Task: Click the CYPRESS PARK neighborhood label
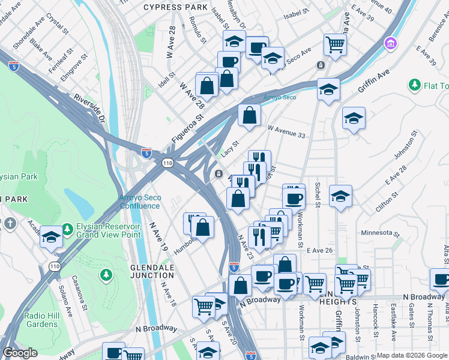pos(171,7)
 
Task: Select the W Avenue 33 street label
pos(287,132)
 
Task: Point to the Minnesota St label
pos(380,233)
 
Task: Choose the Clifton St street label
pos(387,200)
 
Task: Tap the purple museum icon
pos(391,43)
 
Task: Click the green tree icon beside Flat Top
pos(414,85)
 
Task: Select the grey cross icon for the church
pos(10,223)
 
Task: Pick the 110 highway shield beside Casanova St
pos(55,266)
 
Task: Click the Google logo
pos(20,353)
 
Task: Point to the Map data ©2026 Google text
pos(412,355)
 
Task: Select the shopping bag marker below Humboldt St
pos(203,228)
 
